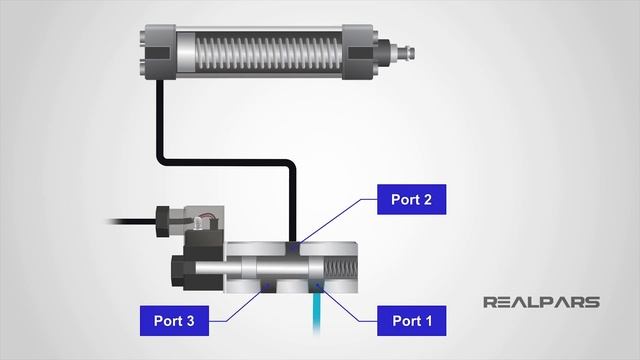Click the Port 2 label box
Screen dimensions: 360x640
[411, 199]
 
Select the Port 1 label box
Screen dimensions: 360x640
[411, 321]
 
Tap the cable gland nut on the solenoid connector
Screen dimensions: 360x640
[165, 216]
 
